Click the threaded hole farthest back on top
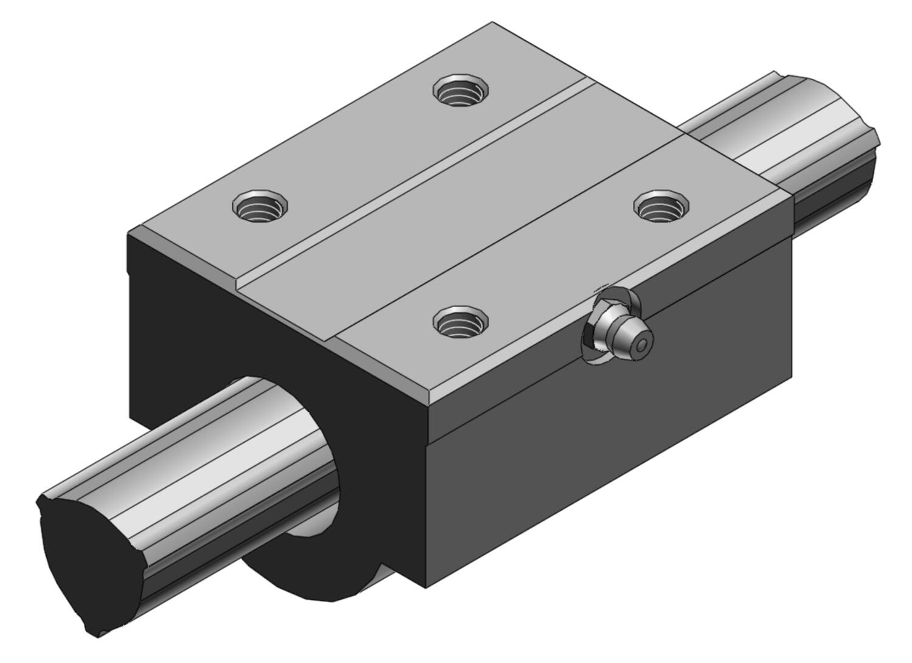(460, 91)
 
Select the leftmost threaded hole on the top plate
(259, 206)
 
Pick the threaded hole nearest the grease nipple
(460, 321)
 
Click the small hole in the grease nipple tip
(642, 345)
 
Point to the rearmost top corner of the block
(492, 23)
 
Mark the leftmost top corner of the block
(129, 233)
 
